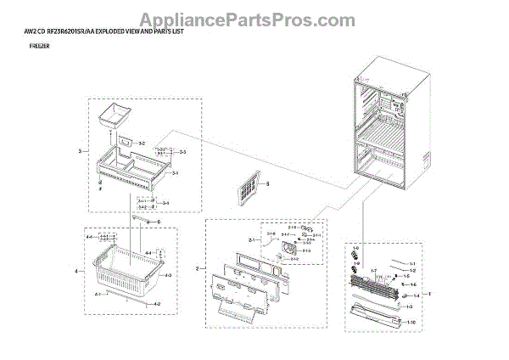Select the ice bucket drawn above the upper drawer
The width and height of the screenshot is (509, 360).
112,115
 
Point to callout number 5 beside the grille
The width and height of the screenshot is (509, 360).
266,183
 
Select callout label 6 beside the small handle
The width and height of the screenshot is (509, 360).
157,222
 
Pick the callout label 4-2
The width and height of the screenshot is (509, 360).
156,303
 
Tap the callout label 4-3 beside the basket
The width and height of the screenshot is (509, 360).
167,275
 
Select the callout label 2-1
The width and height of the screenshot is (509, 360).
251,241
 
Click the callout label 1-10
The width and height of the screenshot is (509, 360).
411,323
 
